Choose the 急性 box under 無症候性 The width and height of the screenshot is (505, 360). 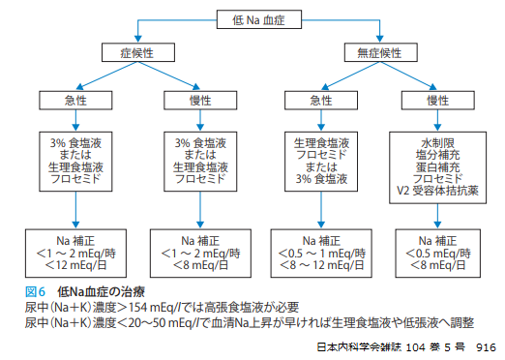(316, 100)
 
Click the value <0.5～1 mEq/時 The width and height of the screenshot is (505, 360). (316, 251)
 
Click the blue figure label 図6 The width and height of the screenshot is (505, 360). (35, 290)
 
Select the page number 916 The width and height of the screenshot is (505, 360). (486, 345)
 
